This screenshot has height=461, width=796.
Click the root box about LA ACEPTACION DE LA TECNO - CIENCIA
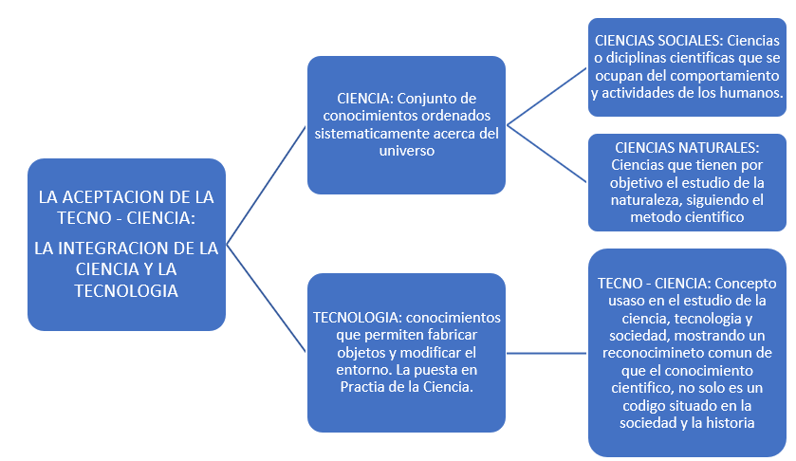click(126, 244)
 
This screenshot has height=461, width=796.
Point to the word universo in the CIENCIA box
click(405, 151)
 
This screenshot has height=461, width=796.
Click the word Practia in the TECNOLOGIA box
click(361, 388)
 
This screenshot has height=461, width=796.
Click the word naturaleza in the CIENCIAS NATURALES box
click(648, 200)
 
